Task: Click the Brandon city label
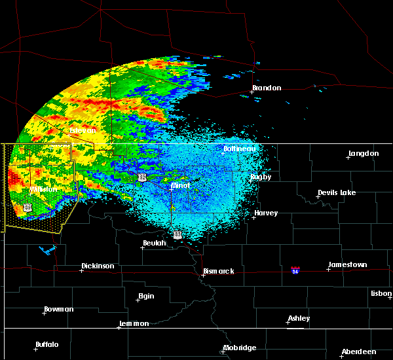click(x=267, y=88)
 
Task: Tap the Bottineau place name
click(x=240, y=149)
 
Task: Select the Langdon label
click(x=364, y=154)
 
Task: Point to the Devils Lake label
click(x=337, y=193)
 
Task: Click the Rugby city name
click(x=260, y=177)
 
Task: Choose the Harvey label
click(x=266, y=213)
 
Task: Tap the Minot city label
click(x=180, y=186)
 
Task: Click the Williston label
click(x=43, y=190)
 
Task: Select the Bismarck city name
click(x=218, y=272)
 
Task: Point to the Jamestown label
click(x=347, y=265)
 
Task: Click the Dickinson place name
click(x=98, y=266)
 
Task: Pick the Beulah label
click(x=155, y=243)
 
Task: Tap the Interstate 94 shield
click(x=295, y=270)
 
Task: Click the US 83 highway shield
click(x=178, y=234)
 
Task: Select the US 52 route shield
click(x=141, y=177)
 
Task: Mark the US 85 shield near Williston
click(x=28, y=207)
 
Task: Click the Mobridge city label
click(x=239, y=348)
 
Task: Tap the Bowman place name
click(x=59, y=310)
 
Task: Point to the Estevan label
click(x=83, y=131)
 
